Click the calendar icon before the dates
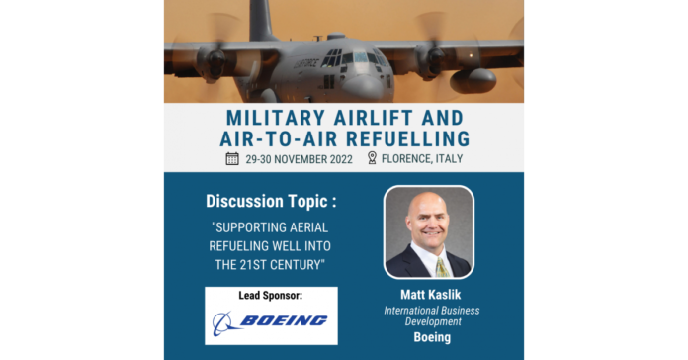[x=232, y=157]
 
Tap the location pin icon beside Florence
[x=372, y=157]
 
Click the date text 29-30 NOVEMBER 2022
[x=299, y=157]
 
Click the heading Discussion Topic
[x=270, y=201]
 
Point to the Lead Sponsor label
[x=271, y=296]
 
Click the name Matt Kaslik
[x=430, y=294]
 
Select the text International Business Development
[x=430, y=315]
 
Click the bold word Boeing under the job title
[x=430, y=337]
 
